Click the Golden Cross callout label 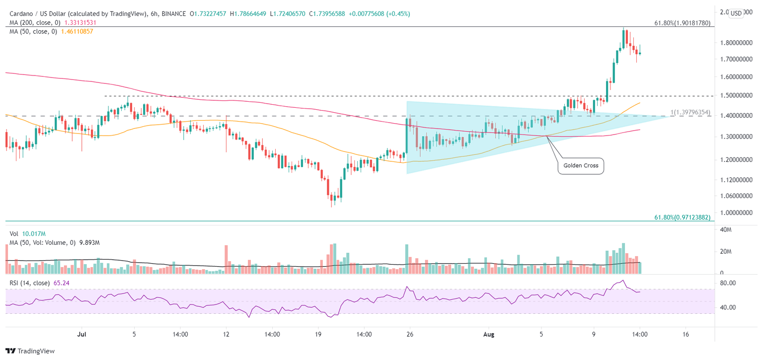pyautogui.click(x=581, y=165)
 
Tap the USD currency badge pyautogui.click(x=736, y=13)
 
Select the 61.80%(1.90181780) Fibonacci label pyautogui.click(x=682, y=23)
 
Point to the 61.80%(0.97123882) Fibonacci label pyautogui.click(x=682, y=217)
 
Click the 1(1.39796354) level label pyautogui.click(x=690, y=113)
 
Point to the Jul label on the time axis pyautogui.click(x=80, y=334)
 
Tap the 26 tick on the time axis pyautogui.click(x=410, y=334)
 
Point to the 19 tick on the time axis pyautogui.click(x=318, y=334)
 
